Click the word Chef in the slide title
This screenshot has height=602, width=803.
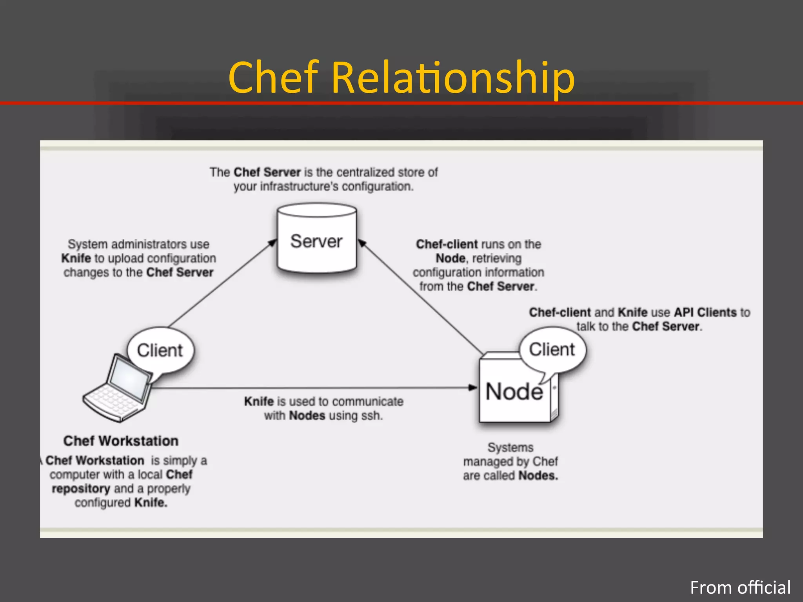pyautogui.click(x=273, y=78)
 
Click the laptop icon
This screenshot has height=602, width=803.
pyautogui.click(x=118, y=388)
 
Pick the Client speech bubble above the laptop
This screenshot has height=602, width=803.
pyautogui.click(x=160, y=350)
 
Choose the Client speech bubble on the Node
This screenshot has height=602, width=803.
pyautogui.click(x=552, y=349)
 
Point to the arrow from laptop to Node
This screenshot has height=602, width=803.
pyautogui.click(x=314, y=388)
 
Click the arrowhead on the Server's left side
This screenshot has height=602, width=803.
pyautogui.click(x=273, y=243)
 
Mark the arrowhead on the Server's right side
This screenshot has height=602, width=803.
pyautogui.click(x=362, y=243)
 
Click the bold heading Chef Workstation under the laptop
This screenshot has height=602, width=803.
pyautogui.click(x=121, y=441)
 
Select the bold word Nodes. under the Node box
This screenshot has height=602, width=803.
pyautogui.click(x=538, y=476)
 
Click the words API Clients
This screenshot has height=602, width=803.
pyautogui.click(x=705, y=312)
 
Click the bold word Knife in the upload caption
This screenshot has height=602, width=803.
pyautogui.click(x=76, y=258)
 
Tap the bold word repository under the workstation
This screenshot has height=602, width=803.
pyautogui.click(x=81, y=489)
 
